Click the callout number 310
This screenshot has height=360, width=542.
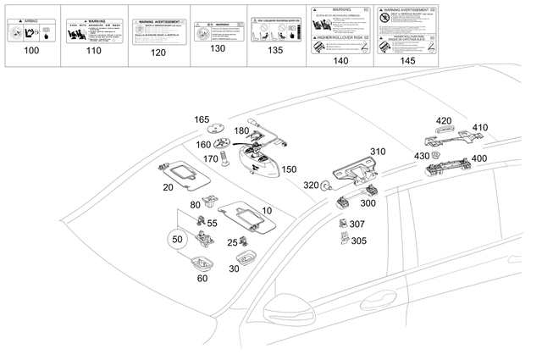pos(378,152)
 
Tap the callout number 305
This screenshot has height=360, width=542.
pos(358,241)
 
